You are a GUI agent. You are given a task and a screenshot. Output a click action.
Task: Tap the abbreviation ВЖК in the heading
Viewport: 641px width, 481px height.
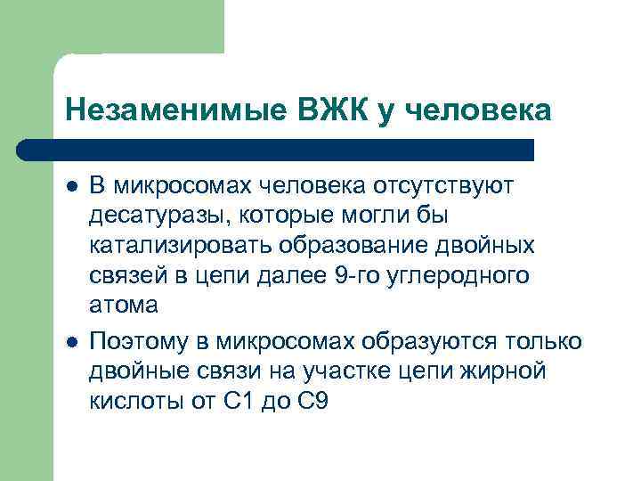coord(329,110)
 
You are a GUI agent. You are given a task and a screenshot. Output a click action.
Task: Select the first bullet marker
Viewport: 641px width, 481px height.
coord(71,185)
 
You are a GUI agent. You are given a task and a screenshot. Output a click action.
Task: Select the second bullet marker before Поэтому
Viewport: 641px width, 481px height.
coord(71,342)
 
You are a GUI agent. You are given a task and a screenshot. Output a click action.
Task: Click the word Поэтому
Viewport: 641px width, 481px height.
coord(142,341)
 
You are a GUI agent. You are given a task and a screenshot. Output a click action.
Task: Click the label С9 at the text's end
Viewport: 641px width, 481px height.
coord(312,402)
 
